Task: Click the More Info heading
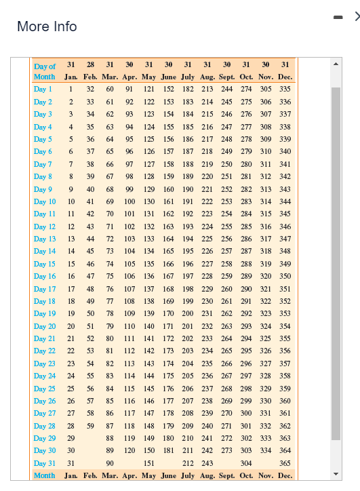(47, 26)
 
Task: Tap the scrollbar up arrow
(335, 66)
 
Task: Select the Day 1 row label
(43, 89)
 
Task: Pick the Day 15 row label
(45, 264)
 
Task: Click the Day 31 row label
(45, 463)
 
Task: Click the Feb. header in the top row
(90, 77)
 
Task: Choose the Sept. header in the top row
(227, 77)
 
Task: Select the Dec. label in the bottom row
(285, 475)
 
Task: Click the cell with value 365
(285, 463)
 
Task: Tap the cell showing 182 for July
(188, 89)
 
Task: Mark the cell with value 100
(129, 201)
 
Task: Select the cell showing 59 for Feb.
(91, 426)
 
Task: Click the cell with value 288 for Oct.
(246, 264)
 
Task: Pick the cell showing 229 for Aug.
(207, 289)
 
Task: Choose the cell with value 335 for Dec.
(285, 89)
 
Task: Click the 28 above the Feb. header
(90, 64)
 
